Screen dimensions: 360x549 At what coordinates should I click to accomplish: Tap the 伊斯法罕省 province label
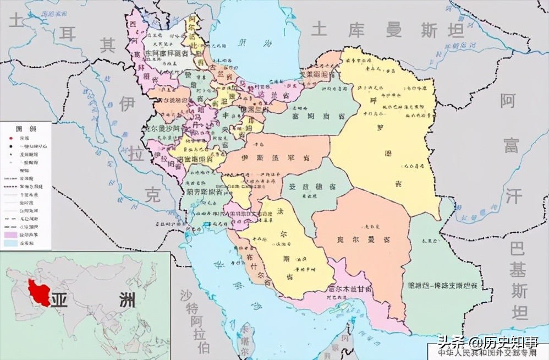pyautogui.click(x=275, y=159)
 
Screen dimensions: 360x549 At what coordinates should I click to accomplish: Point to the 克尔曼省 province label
pyautogui.click(x=364, y=240)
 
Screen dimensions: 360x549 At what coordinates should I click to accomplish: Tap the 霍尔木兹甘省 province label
pyautogui.click(x=350, y=289)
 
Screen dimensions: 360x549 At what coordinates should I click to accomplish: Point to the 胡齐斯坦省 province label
pyautogui.click(x=204, y=192)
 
